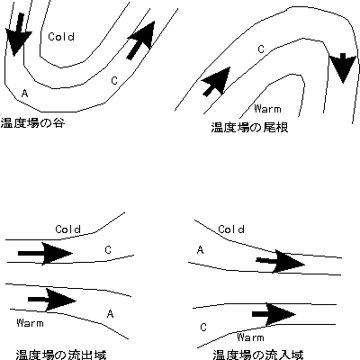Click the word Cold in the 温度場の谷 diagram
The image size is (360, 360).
61,37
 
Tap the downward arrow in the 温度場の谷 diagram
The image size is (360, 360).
18,34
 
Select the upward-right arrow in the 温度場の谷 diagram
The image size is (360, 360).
141,40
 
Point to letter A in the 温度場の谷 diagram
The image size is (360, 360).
25,94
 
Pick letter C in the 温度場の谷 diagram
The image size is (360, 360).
114,81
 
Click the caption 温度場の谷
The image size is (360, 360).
32,123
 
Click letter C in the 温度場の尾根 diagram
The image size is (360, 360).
261,49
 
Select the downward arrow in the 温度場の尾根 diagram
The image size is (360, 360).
343,67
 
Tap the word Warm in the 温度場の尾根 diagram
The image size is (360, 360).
267,108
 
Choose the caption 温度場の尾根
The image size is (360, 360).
249,127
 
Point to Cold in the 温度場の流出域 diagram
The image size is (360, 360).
68,229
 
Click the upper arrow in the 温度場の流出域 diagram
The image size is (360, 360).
45,254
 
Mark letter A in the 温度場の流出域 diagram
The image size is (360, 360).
110,314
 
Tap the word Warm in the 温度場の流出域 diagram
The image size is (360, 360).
30,323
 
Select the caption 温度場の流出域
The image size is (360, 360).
61,355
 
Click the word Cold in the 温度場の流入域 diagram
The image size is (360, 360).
231,229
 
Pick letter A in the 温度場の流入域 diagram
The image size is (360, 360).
201,249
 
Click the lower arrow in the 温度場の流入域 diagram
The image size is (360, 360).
274,314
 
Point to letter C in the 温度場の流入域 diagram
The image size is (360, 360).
203,327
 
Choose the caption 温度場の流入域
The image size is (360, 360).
258,355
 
